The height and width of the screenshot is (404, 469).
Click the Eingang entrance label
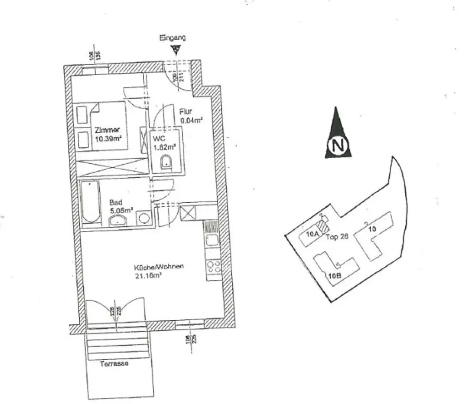[x=172, y=38]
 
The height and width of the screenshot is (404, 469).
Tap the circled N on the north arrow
[x=338, y=146]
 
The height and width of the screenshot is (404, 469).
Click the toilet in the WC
[x=166, y=162]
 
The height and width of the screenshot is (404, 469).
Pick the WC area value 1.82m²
[x=165, y=146]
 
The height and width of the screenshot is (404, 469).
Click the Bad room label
[x=115, y=202]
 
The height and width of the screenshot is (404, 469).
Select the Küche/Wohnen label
[x=158, y=267]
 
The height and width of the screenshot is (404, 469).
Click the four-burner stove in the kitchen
[x=213, y=266]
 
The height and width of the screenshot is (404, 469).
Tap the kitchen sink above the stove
[x=212, y=240]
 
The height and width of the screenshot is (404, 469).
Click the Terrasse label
[x=114, y=364]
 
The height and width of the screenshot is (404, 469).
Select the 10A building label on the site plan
[x=312, y=234]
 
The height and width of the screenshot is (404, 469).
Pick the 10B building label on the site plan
[x=335, y=275]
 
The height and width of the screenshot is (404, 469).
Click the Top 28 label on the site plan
[x=338, y=237]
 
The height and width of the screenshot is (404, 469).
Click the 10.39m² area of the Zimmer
[x=109, y=138]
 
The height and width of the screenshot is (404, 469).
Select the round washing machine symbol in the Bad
[x=144, y=218]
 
